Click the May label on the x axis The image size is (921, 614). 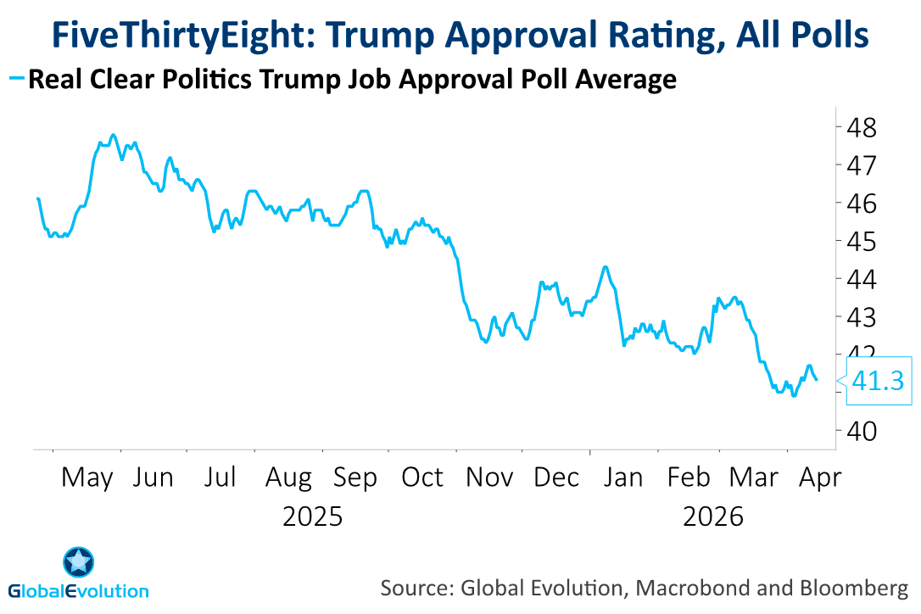87,478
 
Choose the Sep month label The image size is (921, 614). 354,478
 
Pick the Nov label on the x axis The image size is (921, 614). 489,478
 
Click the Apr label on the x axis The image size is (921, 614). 820,478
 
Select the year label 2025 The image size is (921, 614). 313,516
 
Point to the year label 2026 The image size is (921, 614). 713,516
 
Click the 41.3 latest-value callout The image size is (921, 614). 876,382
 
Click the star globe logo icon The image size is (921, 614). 79,561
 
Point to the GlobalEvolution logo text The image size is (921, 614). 79,591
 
